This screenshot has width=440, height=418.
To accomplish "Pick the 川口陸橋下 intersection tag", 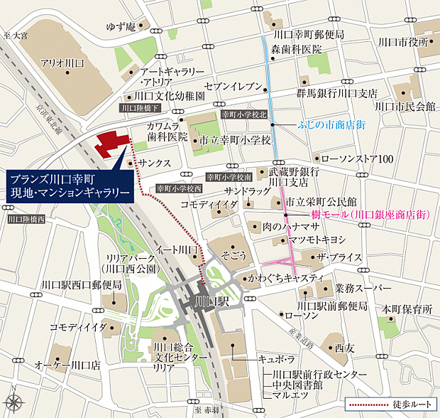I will point(141,108).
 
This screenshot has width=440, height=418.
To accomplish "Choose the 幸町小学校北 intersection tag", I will point(243,114).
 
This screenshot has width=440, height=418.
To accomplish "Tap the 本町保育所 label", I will point(407,310).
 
